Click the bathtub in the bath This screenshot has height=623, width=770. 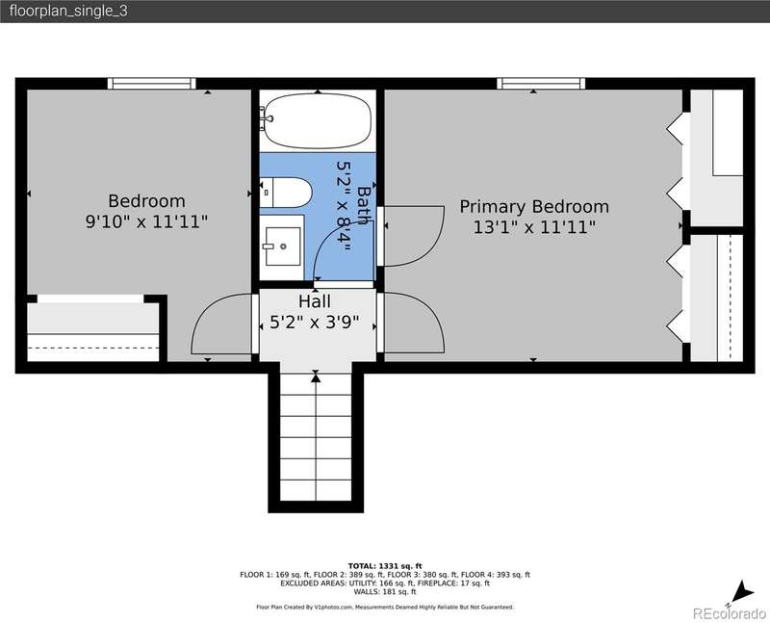pos(318,120)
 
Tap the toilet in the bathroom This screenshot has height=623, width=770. pos(286,193)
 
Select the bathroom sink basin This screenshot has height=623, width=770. pos(282,247)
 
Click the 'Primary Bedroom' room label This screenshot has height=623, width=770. pos(534,206)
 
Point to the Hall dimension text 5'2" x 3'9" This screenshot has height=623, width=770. pos(315,323)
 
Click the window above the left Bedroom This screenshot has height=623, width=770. pos(152,84)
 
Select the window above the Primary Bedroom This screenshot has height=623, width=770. pos(541,84)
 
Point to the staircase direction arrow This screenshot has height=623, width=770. pos(316,376)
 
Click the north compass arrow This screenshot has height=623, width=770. pos(743,591)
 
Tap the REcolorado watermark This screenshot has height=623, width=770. pos(729,613)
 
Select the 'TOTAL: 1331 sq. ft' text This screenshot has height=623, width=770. pos(385,566)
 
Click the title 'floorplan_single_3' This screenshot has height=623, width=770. pos(68,11)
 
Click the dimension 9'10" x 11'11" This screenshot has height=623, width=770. pos(146,221)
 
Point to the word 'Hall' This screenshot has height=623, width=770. pos(315,301)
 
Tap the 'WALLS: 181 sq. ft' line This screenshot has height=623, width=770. pos(385,591)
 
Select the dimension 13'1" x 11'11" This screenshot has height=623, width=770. pos(534,227)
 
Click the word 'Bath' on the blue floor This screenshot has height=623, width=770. pos(364,205)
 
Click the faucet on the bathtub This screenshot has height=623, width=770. pos(267,117)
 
